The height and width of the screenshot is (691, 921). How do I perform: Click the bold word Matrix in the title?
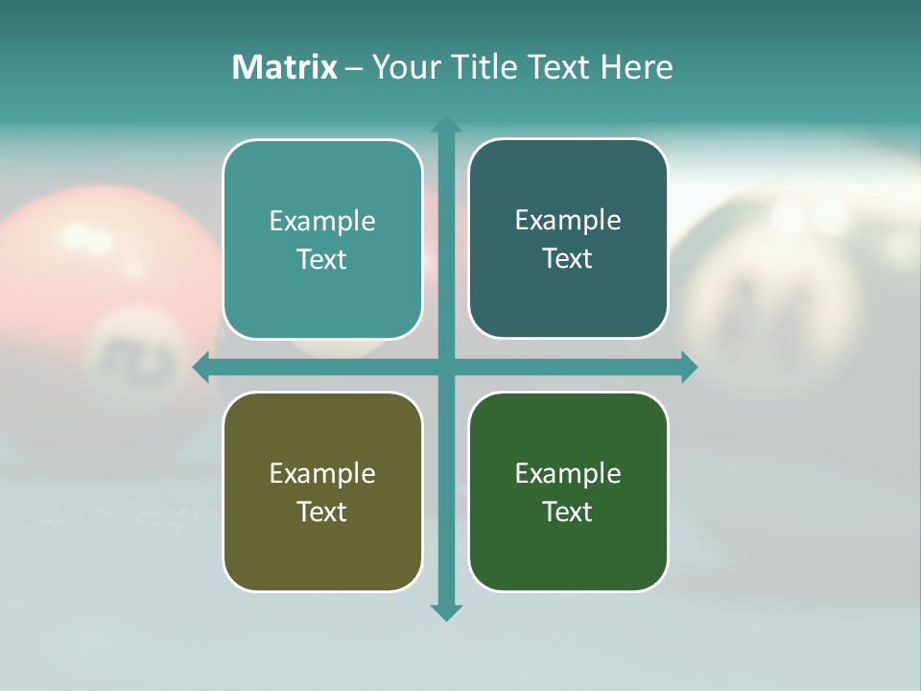(x=284, y=67)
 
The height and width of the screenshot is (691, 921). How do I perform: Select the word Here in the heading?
(x=636, y=67)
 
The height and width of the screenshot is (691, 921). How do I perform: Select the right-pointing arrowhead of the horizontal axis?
(x=689, y=367)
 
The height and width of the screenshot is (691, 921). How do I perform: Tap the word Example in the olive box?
(x=322, y=473)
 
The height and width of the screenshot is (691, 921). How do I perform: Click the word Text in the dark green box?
(x=568, y=512)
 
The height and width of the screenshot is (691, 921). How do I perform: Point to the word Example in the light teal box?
(x=322, y=221)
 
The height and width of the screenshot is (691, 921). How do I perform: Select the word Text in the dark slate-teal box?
(x=568, y=259)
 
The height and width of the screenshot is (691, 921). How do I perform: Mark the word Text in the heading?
(x=560, y=67)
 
